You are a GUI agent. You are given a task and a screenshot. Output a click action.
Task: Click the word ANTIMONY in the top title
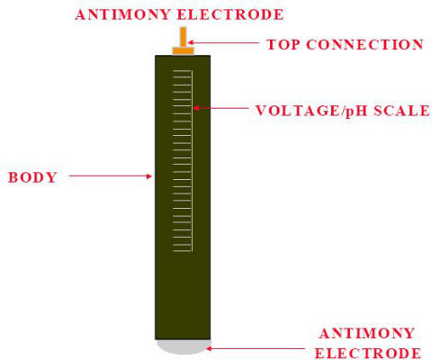click(123, 14)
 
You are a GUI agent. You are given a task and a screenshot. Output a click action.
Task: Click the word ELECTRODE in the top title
click(230, 14)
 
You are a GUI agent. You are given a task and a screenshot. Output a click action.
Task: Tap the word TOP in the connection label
click(283, 45)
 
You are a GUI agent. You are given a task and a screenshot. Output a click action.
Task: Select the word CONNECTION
click(364, 45)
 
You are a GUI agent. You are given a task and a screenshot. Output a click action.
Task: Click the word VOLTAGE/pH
click(311, 111)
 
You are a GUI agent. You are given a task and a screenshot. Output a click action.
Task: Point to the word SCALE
click(401, 111)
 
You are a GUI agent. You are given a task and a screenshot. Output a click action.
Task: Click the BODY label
click(32, 177)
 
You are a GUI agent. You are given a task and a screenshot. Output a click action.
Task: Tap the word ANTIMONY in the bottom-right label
click(367, 334)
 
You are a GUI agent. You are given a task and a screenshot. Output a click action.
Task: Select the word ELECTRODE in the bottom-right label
click(368, 354)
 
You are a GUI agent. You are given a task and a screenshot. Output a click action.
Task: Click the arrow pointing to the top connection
click(223, 43)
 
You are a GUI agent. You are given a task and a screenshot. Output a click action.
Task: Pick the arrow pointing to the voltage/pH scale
click(220, 108)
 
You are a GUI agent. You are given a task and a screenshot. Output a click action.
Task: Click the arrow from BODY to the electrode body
click(111, 176)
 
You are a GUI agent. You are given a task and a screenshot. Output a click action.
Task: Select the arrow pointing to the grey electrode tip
click(256, 348)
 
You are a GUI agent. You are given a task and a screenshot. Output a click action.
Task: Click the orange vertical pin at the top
click(183, 37)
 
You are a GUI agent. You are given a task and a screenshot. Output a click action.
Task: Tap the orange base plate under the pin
click(183, 50)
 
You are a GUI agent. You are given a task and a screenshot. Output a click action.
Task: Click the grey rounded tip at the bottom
click(183, 346)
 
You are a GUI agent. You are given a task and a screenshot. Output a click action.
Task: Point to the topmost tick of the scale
click(182, 71)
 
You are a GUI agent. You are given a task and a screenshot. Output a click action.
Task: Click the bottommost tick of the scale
click(182, 251)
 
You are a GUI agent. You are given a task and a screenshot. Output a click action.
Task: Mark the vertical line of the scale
click(192, 161)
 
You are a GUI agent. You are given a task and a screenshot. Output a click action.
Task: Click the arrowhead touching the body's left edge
click(148, 176)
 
